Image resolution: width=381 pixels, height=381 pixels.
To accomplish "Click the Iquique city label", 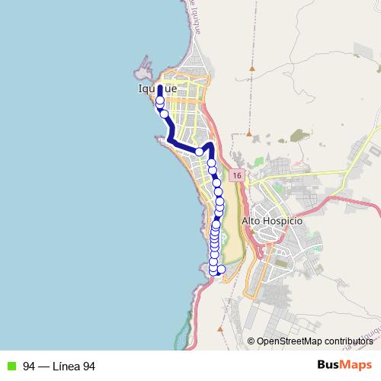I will pos(157,89).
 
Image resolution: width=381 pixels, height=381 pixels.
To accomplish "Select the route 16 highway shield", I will pos(238,175).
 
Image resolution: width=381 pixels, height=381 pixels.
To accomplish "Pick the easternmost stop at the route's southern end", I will pos(222,269).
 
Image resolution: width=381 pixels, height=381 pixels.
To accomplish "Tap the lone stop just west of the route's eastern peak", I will pos(200,152).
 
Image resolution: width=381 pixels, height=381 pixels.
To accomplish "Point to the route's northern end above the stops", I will pos(159,88).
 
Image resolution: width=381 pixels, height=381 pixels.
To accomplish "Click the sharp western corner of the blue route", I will pos(168,139).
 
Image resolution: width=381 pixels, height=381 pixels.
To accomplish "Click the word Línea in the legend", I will pos(66,366).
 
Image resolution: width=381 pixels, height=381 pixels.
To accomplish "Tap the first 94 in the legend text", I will pos(29,366).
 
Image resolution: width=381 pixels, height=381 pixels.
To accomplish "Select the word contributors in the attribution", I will pos(350,341).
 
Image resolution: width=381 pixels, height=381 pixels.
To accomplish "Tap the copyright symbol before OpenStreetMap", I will pos(251,341).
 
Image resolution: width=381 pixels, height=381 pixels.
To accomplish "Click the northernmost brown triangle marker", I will pos(249,69).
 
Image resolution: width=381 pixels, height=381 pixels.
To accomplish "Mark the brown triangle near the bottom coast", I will pos(219,329).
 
